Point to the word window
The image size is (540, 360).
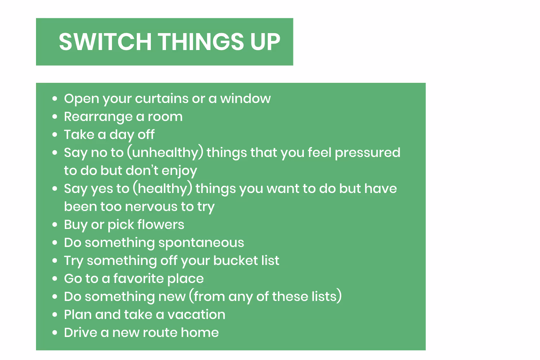[x=246, y=99]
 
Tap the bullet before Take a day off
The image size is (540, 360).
[x=55, y=135]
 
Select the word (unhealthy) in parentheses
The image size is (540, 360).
[x=165, y=153]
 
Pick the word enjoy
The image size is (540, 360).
[x=179, y=171]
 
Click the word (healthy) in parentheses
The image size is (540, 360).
[x=162, y=189]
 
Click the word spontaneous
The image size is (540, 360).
[x=201, y=243]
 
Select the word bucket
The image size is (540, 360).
[x=236, y=261]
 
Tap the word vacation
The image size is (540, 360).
[x=197, y=315]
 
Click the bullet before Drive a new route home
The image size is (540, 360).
[x=55, y=333]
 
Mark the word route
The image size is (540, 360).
[x=161, y=333]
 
